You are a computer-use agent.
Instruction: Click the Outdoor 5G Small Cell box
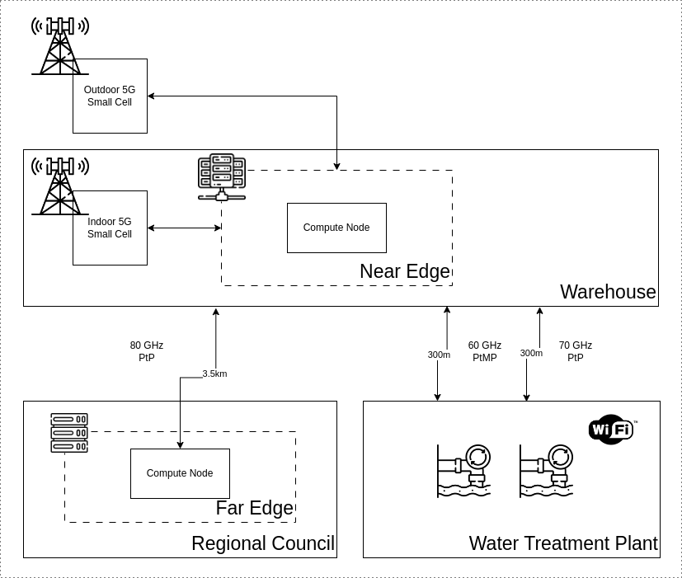click(110, 96)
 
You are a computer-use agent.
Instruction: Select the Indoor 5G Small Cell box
click(110, 228)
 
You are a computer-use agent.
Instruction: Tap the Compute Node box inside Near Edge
click(336, 228)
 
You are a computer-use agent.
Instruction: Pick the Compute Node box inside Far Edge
click(180, 473)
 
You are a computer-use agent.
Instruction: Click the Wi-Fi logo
click(611, 430)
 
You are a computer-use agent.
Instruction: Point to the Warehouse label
click(608, 292)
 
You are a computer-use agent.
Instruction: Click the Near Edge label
click(404, 271)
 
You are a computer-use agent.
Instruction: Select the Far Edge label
click(254, 508)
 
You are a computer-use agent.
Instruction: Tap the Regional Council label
click(262, 543)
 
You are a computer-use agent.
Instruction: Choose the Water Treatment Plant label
click(562, 543)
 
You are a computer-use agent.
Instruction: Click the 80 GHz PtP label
click(147, 351)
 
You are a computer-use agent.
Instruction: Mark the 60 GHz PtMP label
click(485, 351)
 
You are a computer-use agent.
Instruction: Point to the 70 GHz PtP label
click(576, 351)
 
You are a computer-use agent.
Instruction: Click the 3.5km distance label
click(214, 374)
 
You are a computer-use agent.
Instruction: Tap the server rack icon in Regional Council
click(69, 433)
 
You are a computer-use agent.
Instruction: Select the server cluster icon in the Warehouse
click(222, 176)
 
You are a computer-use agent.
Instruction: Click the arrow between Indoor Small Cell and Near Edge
click(184, 228)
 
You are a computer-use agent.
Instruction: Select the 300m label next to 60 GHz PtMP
click(439, 355)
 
